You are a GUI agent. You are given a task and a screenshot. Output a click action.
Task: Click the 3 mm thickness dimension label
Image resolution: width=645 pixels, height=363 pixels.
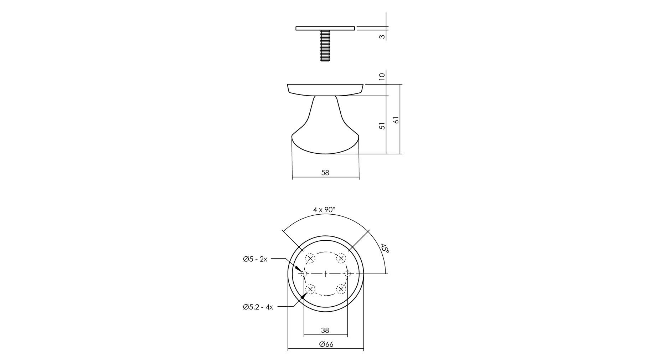pyautogui.click(x=382, y=36)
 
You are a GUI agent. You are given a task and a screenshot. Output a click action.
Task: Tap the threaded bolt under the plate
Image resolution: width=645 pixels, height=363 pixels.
pyautogui.click(x=325, y=46)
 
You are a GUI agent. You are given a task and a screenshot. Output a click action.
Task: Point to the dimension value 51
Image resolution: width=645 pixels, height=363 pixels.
pyautogui.click(x=382, y=126)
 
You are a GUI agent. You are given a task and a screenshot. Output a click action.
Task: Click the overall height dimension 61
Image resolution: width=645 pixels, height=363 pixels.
pyautogui.click(x=396, y=120)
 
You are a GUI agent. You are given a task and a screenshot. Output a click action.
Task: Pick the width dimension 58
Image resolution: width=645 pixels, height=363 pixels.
pyautogui.click(x=325, y=173)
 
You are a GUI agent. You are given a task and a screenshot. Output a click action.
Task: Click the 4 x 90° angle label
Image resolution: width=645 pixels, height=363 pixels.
pyautogui.click(x=324, y=210)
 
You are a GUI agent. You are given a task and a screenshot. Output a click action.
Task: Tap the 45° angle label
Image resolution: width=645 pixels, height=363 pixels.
pyautogui.click(x=385, y=248)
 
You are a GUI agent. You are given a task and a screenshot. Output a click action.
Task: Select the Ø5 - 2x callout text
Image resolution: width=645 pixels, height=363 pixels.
pyautogui.click(x=255, y=259)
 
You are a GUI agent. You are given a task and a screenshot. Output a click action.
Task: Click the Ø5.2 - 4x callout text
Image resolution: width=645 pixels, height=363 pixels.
pyautogui.click(x=258, y=307)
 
